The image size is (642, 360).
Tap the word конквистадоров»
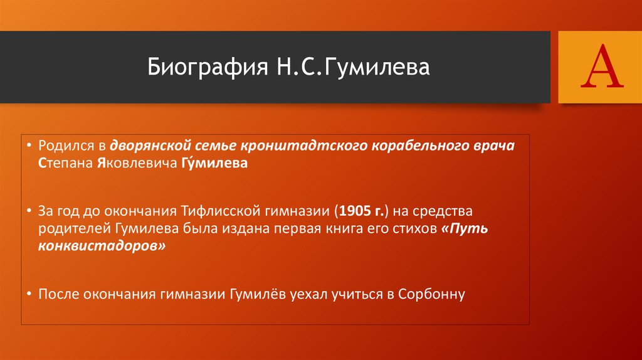[102, 246]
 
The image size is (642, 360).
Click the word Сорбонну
[431, 294]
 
